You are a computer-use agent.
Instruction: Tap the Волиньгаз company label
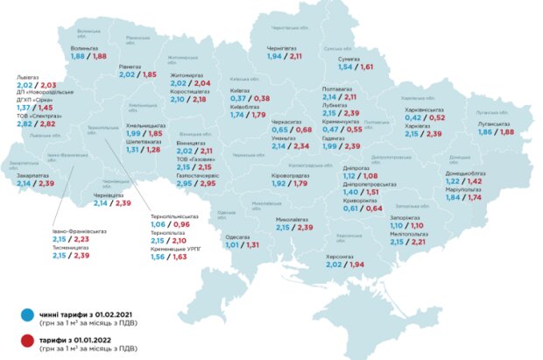coord(84,47)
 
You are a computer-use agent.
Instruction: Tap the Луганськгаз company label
coord(496,124)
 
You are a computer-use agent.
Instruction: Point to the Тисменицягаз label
coord(72,247)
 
